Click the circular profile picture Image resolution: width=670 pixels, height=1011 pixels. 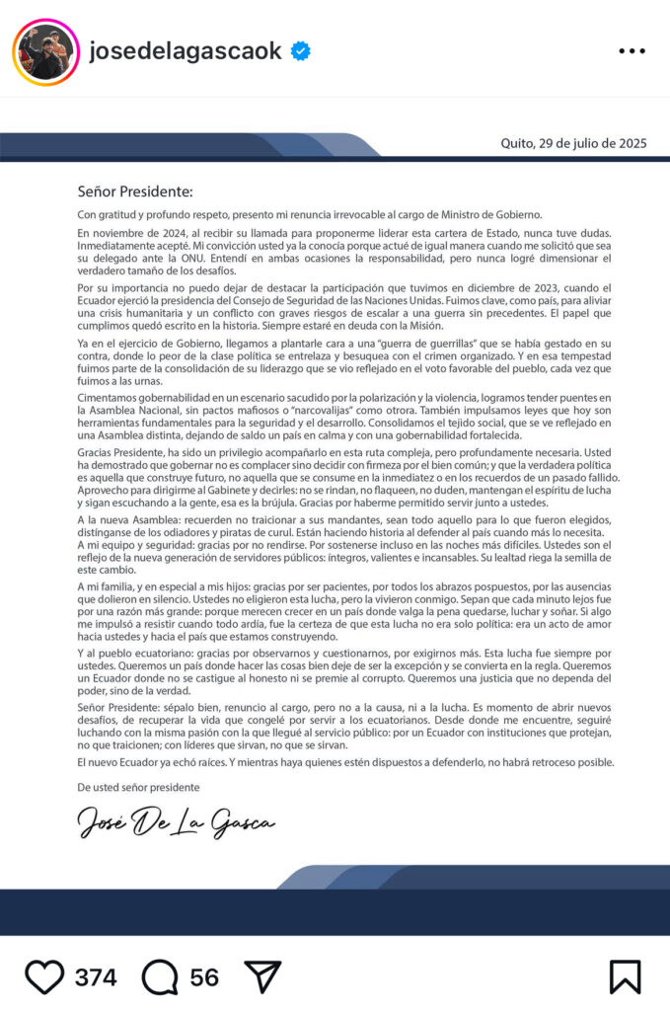pyautogui.click(x=44, y=51)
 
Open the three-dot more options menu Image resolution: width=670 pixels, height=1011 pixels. pyautogui.click(x=632, y=51)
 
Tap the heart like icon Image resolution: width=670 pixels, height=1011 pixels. pyautogui.click(x=44, y=976)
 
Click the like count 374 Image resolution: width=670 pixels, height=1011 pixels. pyautogui.click(x=96, y=977)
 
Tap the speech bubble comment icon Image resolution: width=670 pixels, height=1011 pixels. pyautogui.click(x=160, y=976)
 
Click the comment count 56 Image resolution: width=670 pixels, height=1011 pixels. pyautogui.click(x=204, y=977)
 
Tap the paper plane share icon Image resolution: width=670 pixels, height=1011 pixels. pyautogui.click(x=262, y=976)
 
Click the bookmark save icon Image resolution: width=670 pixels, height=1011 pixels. pyautogui.click(x=625, y=976)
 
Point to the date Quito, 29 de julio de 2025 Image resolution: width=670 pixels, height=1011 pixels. pyautogui.click(x=573, y=143)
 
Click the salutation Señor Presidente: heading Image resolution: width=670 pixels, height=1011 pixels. pyautogui.click(x=135, y=192)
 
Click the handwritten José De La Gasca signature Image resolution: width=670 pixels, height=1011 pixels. pyautogui.click(x=177, y=821)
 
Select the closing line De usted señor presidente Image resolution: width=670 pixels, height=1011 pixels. pyautogui.click(x=138, y=787)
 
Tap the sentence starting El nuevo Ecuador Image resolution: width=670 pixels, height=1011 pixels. pyautogui.click(x=345, y=762)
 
